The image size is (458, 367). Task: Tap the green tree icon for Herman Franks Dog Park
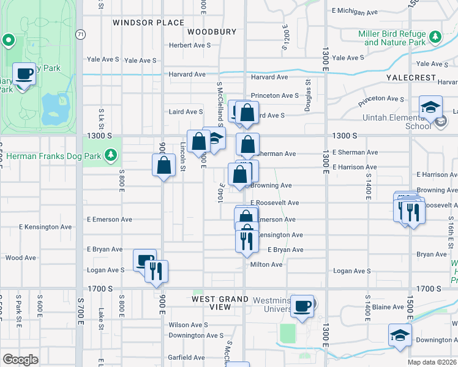[111, 155]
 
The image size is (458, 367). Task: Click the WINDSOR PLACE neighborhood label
[148, 23]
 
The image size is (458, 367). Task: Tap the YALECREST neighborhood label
[411, 79]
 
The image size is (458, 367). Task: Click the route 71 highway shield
[80, 34]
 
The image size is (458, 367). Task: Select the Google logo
[20, 360]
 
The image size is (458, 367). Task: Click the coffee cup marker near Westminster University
[301, 306]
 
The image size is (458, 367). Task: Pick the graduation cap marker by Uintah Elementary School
[430, 107]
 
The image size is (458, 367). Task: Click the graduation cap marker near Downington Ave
[399, 335]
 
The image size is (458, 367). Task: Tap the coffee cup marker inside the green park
[24, 75]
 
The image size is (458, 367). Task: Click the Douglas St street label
[309, 95]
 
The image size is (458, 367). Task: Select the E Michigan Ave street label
[355, 11]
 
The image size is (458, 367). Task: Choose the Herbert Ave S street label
[190, 45]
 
